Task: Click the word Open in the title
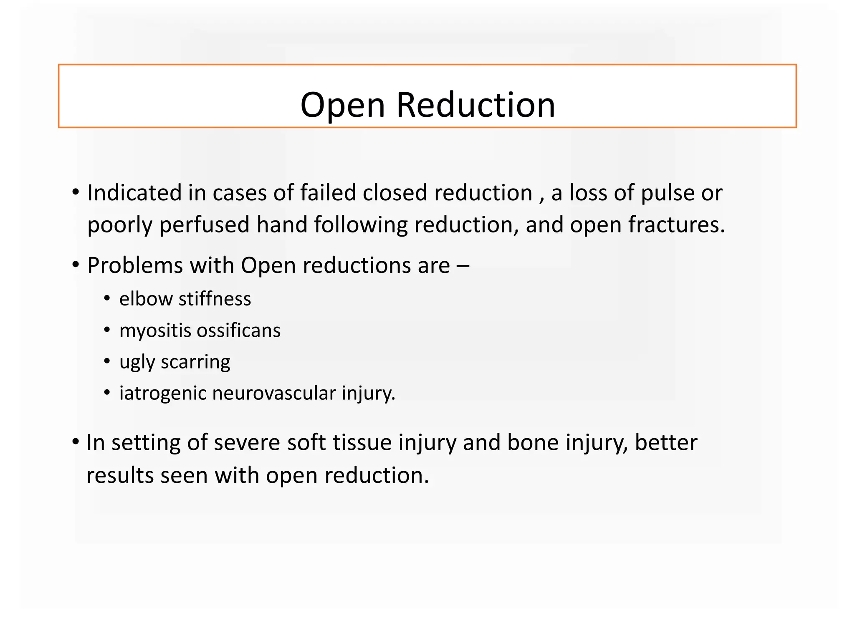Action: tap(342, 106)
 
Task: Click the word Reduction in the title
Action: tap(476, 105)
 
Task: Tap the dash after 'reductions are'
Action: tap(463, 266)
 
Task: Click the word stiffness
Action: tap(215, 299)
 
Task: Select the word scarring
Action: tap(195, 362)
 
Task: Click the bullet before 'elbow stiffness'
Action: tap(107, 299)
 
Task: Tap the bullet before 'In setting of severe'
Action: tap(76, 442)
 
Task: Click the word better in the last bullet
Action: tap(666, 442)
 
